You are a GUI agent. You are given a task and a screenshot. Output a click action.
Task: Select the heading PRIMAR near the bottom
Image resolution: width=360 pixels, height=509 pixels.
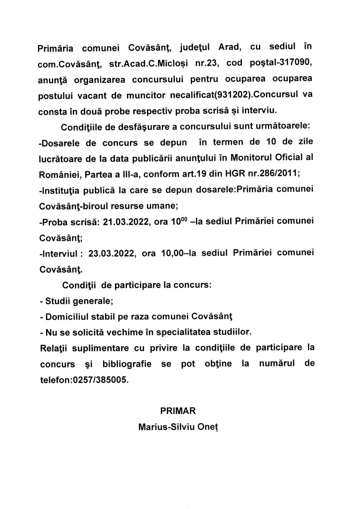coord(178,411)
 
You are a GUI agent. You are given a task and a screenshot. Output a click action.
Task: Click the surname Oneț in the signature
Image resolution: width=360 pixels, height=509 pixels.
coord(208,427)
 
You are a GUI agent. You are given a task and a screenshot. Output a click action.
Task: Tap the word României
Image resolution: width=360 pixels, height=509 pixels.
coord(59,174)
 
